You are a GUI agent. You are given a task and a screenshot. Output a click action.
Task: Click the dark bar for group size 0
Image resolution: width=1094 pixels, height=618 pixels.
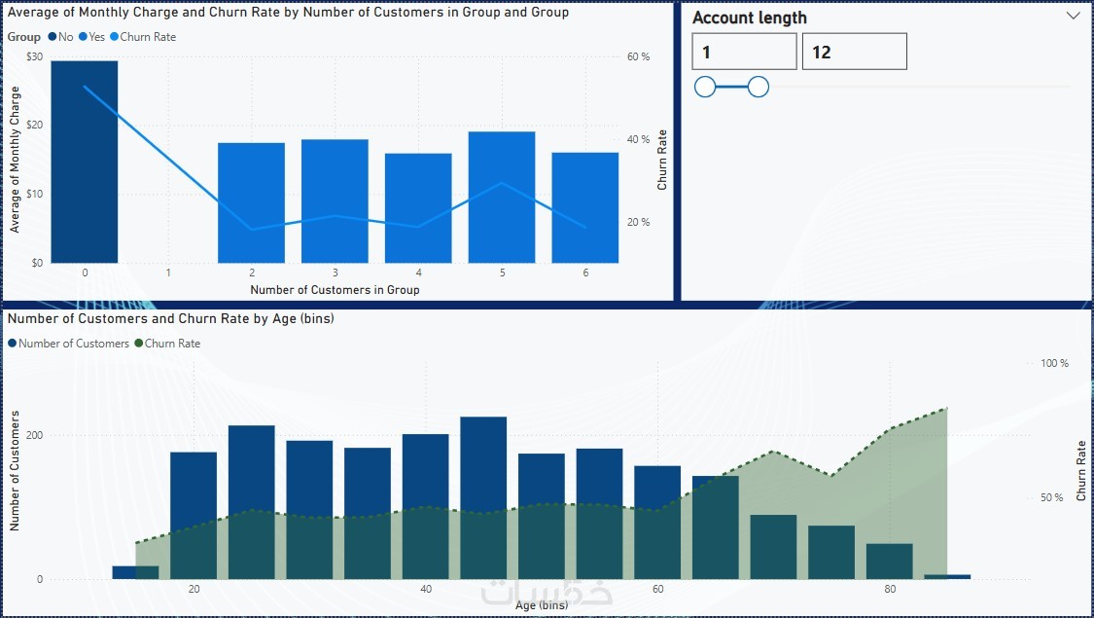coord(85,162)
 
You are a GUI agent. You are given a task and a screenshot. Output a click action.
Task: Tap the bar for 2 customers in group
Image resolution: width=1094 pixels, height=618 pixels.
coord(251,202)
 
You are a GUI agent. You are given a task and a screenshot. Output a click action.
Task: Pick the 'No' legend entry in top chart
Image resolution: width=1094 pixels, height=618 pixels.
coord(60,37)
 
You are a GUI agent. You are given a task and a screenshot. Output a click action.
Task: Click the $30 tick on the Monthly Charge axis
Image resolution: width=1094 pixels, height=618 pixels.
coord(35,56)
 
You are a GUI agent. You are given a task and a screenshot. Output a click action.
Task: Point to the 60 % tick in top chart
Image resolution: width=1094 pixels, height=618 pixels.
coord(638,56)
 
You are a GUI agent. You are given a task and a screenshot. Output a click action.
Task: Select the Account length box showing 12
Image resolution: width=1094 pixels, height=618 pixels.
coord(854,52)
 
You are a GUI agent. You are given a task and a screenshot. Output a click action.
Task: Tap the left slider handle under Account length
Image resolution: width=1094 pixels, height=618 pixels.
coord(705,88)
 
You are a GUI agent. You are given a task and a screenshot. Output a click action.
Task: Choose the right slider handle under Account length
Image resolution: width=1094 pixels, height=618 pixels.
coord(759,88)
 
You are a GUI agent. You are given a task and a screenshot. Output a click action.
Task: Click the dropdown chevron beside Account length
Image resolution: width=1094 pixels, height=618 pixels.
coord(1074,17)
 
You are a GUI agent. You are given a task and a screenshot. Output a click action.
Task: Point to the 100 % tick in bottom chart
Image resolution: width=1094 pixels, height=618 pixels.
coord(1054,363)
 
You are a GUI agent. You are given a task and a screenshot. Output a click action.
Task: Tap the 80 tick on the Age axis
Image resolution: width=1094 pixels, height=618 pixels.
coord(890,590)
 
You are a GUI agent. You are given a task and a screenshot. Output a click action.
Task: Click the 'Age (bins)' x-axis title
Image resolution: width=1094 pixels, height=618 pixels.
coord(541,605)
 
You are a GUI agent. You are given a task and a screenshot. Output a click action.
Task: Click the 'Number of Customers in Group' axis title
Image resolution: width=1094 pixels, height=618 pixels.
coord(335,290)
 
